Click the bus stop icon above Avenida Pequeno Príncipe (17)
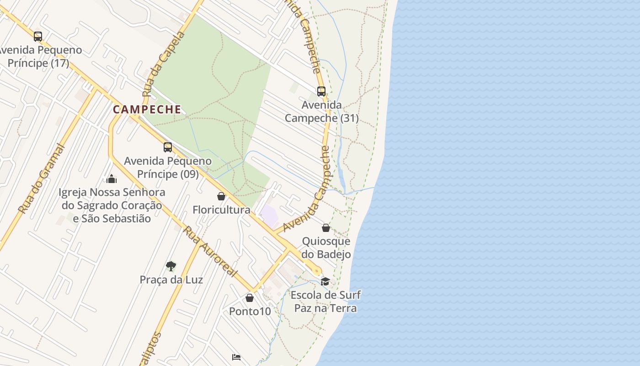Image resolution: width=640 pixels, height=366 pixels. [38, 36]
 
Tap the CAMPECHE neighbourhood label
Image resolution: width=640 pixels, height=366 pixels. [147, 110]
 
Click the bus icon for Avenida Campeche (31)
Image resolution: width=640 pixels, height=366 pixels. [321, 91]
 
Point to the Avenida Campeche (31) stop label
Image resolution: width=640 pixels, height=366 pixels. [322, 112]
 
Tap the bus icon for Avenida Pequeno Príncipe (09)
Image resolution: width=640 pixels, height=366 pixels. [168, 147]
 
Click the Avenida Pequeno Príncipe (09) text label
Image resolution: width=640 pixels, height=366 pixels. [168, 167]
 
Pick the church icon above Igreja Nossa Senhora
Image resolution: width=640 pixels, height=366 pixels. [112, 178]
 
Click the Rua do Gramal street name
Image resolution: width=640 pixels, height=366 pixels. [42, 178]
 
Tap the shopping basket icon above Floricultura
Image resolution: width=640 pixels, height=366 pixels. [221, 196]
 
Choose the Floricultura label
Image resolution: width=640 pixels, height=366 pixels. [221, 210]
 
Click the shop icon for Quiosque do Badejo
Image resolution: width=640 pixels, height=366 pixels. [326, 227]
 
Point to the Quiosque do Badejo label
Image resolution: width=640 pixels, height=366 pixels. [326, 248]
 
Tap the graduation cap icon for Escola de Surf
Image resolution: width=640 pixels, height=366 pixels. [325, 281]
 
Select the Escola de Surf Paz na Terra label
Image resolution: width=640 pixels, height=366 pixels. [325, 301]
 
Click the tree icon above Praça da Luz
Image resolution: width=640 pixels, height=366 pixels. [171, 266]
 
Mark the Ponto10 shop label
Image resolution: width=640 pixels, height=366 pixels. [250, 312]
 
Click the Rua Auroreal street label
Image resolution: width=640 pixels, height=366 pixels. [211, 251]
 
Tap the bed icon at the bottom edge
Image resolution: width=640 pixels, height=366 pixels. [236, 357]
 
